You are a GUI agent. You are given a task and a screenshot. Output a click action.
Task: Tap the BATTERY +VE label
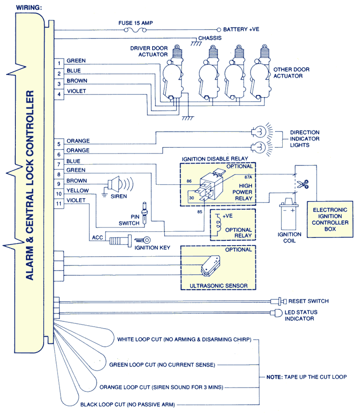(x=241, y=29)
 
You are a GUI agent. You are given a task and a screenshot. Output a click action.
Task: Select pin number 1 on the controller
(x=59, y=63)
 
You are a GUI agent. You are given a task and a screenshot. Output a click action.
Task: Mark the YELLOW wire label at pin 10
(x=77, y=191)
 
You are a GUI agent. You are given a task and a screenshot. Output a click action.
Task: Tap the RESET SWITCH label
(x=308, y=301)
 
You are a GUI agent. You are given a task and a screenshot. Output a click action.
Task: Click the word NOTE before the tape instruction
(x=275, y=377)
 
